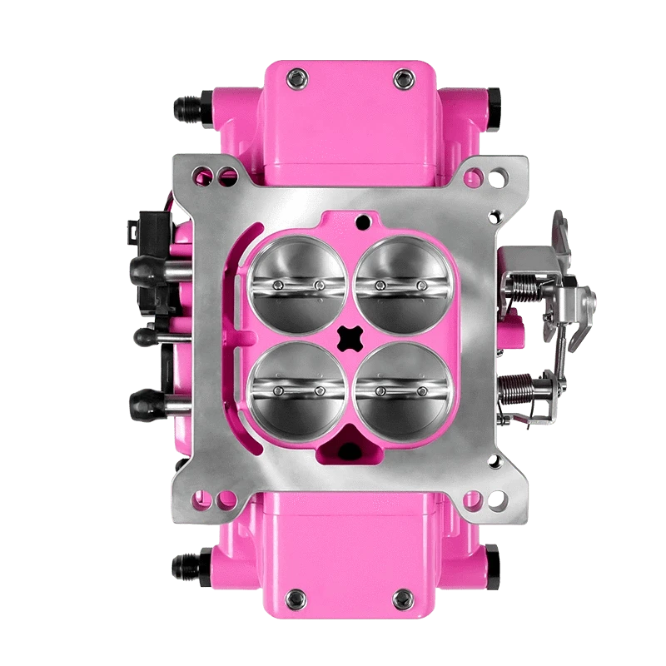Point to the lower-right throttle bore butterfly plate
click(400, 387)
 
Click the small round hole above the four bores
click(362, 221)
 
